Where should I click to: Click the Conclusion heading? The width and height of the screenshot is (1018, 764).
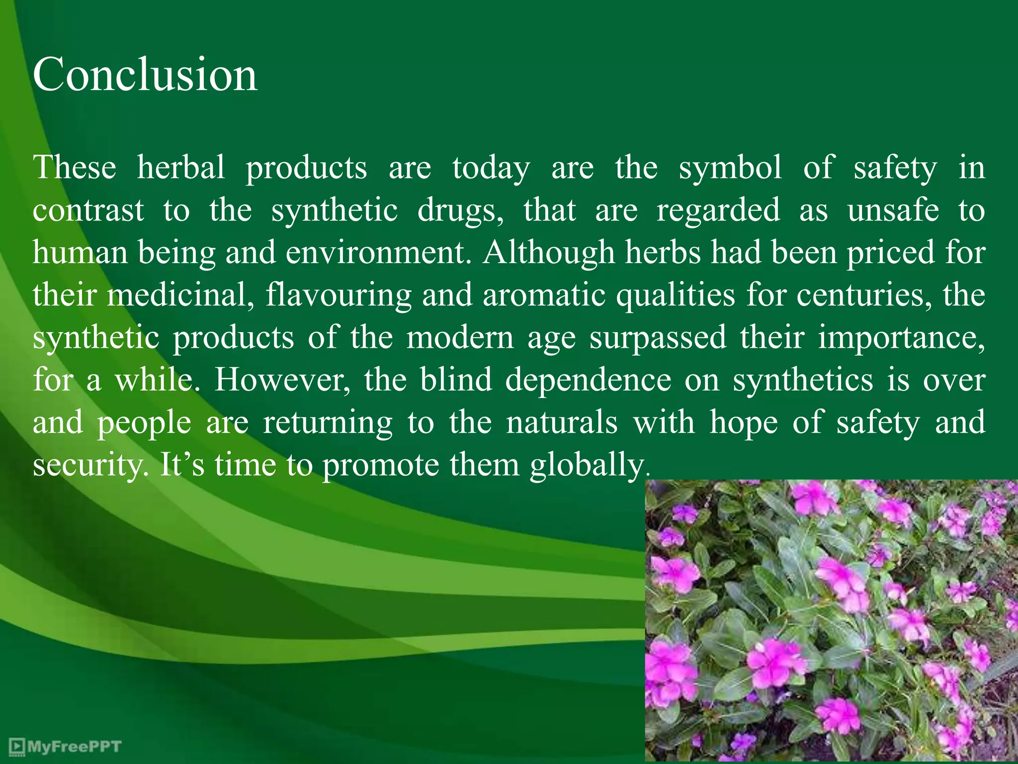[x=145, y=75]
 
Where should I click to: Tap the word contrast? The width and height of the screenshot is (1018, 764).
[x=88, y=210]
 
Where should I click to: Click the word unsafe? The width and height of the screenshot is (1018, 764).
[x=893, y=210]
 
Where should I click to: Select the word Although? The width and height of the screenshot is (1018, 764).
[x=549, y=253]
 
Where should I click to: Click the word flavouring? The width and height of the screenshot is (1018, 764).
[x=339, y=295]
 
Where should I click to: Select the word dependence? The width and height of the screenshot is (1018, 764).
[x=588, y=380]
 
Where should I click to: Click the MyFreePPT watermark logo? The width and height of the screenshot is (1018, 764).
[x=65, y=746]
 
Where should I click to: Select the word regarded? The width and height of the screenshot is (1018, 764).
[x=718, y=211]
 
